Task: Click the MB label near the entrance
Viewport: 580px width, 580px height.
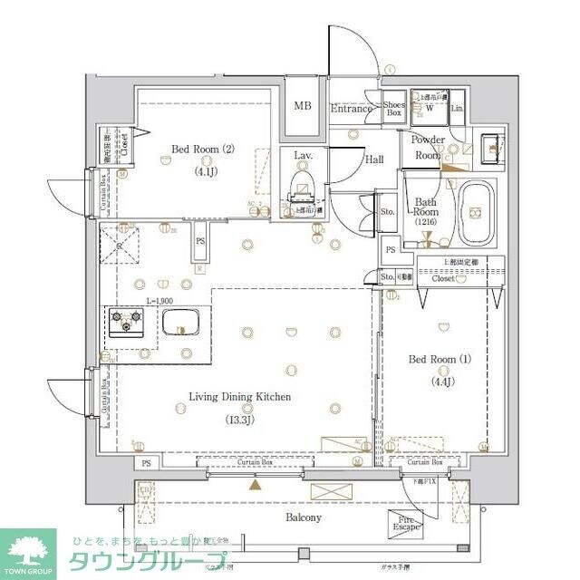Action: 303,106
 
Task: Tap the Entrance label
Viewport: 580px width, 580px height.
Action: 351,109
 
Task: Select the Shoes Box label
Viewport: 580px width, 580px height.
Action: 393,108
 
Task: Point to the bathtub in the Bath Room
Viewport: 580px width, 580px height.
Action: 476,213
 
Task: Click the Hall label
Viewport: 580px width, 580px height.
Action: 374,159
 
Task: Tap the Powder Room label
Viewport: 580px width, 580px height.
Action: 428,147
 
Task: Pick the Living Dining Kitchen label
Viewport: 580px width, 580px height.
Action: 239,397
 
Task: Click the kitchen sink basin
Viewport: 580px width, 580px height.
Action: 181,321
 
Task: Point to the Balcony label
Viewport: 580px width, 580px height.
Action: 304,517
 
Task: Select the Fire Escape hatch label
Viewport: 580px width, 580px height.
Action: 406,524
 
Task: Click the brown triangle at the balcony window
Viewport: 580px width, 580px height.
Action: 255,485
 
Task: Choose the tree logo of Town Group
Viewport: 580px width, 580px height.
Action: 27,548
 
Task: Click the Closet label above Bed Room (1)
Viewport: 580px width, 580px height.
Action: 443,279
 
